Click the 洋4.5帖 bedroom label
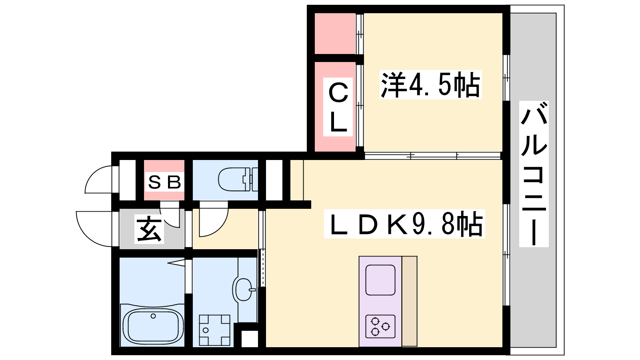(x=430, y=84)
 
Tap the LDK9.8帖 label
(x=404, y=224)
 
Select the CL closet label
(x=338, y=107)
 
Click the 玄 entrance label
(x=149, y=230)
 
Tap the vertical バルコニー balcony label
(x=534, y=174)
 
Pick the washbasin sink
(x=244, y=290)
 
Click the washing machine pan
(x=214, y=330)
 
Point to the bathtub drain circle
(x=154, y=316)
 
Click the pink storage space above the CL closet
(x=335, y=34)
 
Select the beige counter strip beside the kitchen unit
(x=410, y=301)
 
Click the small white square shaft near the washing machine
(x=250, y=339)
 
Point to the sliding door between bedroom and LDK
(x=433, y=156)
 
